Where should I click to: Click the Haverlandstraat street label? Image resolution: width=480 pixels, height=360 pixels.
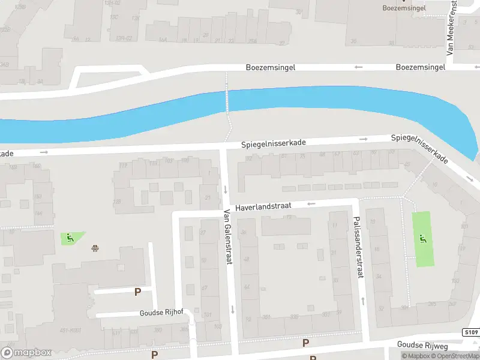click(x=263, y=206)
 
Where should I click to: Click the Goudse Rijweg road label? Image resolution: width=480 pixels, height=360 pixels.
click(x=423, y=344)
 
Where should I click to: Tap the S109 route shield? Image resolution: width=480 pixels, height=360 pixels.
click(x=470, y=332)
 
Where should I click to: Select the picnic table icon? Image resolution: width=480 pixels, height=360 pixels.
click(x=95, y=248)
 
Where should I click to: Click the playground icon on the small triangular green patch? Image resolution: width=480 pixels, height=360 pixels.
click(x=70, y=238)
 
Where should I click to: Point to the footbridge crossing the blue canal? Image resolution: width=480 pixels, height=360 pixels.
click(x=227, y=100)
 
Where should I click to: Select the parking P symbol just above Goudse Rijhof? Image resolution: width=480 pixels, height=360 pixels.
click(x=137, y=292)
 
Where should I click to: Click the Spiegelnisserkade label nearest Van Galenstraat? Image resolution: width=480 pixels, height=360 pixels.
click(x=274, y=144)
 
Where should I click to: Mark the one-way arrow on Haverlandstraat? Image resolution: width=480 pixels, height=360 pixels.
click(x=311, y=204)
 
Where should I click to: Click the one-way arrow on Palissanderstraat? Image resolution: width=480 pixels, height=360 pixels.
click(x=362, y=299)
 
